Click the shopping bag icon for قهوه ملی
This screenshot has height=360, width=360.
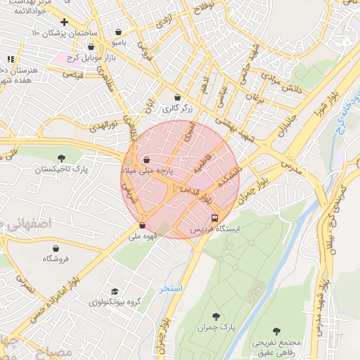[143, 226]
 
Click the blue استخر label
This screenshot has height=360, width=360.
[171, 288]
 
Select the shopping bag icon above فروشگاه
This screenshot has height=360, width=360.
[56, 248]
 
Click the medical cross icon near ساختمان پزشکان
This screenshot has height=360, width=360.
[65, 22]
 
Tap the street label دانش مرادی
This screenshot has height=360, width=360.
[302, 89]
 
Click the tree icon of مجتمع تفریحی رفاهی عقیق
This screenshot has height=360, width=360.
[276, 330]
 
